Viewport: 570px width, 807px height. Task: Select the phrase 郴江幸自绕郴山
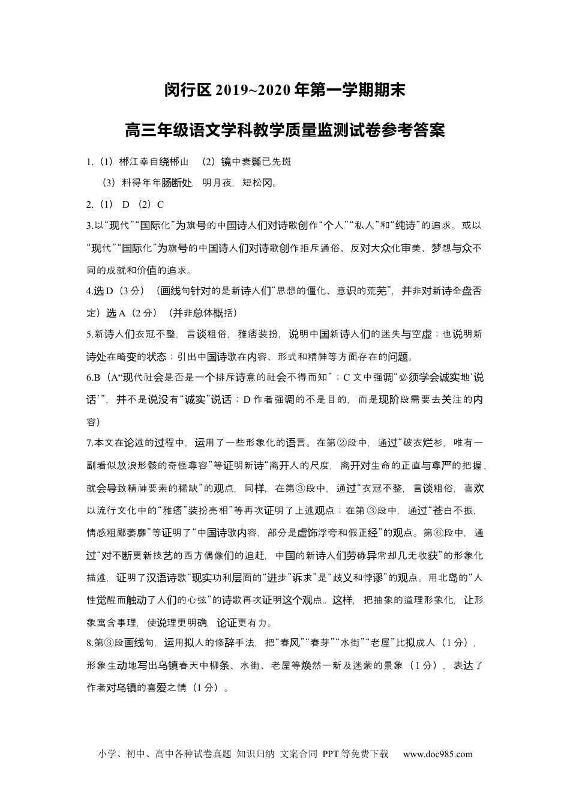[x=154, y=162]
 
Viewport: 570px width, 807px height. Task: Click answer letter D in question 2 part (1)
[x=126, y=204]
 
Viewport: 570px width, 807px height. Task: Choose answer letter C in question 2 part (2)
[x=161, y=204]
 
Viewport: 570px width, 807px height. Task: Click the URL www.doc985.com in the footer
[x=437, y=754]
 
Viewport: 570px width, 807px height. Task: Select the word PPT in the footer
[x=331, y=754]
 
